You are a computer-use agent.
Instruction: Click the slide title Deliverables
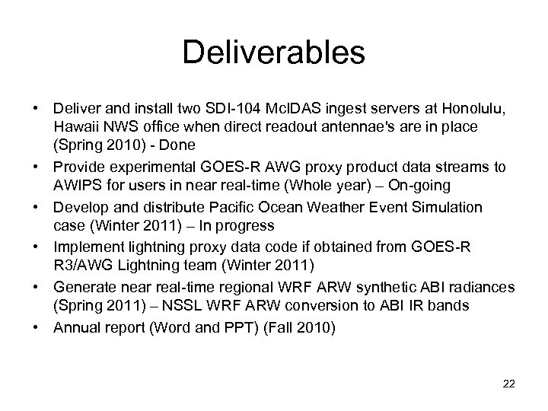tap(274, 53)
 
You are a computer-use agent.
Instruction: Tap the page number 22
tap(509, 383)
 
